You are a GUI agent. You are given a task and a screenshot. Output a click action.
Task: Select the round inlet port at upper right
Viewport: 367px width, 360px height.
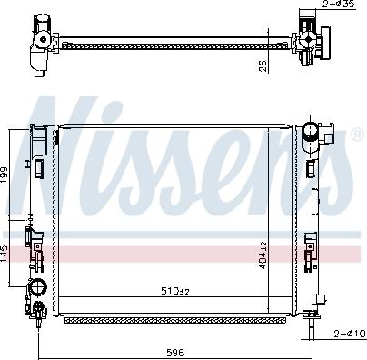coord(313,131)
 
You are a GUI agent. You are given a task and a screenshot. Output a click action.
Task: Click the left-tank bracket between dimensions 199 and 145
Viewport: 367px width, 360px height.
coord(36,238)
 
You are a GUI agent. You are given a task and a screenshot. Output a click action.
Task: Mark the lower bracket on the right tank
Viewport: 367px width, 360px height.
coord(312,247)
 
